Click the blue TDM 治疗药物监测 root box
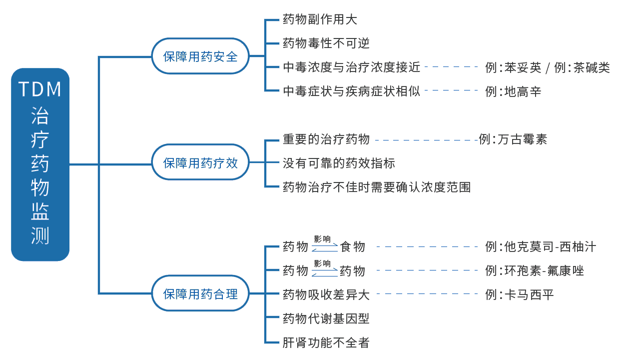(x=40, y=164)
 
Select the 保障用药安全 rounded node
(x=200, y=56)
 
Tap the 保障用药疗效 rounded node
(x=200, y=162)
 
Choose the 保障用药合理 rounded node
(x=200, y=293)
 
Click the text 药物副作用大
(x=320, y=19)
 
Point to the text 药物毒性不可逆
(x=326, y=43)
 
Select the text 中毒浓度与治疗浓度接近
(x=352, y=67)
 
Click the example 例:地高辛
(x=513, y=91)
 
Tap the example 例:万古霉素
(x=513, y=139)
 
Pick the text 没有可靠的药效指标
(x=339, y=163)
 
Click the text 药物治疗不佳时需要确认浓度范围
(x=376, y=187)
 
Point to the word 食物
(x=352, y=246)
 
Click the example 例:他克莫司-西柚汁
(x=541, y=246)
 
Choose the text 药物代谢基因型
(x=326, y=318)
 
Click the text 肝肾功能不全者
(x=326, y=342)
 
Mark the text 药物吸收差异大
(x=326, y=294)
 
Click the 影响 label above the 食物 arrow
(x=322, y=239)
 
